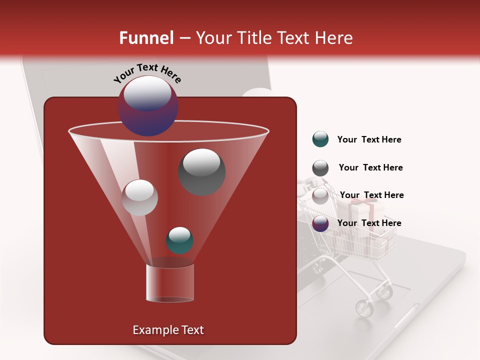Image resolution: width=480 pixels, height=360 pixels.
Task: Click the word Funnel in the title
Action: pos(146,38)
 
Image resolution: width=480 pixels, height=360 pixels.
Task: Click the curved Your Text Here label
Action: pos(147,73)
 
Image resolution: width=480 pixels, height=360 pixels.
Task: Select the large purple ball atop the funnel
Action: pos(147,106)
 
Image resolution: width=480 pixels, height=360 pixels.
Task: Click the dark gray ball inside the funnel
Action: pos(201,171)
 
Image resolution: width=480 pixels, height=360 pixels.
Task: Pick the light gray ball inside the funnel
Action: pos(139,197)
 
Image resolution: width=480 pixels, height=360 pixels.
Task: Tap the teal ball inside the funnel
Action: pos(179,240)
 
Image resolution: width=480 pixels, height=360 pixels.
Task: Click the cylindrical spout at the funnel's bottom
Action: pos(169,281)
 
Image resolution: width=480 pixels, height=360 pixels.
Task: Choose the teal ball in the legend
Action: pos(320,139)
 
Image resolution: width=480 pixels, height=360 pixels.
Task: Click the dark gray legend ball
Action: pos(320,168)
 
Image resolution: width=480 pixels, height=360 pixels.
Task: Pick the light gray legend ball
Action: pos(320,195)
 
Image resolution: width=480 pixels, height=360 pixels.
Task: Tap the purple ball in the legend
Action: pos(320,223)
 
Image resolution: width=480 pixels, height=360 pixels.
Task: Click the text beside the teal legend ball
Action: pos(369,140)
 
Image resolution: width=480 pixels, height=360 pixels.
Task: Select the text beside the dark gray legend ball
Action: pos(370,168)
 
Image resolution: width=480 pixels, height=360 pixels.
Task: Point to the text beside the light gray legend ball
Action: pos(371,195)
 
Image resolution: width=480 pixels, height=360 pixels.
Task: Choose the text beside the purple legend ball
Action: pos(369,223)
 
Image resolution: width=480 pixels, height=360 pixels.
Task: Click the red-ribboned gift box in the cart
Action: pos(362,210)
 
